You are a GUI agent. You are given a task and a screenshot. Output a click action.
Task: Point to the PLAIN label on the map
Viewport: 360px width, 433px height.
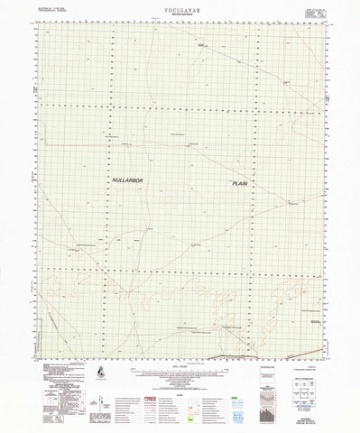pyautogui.click(x=239, y=183)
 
